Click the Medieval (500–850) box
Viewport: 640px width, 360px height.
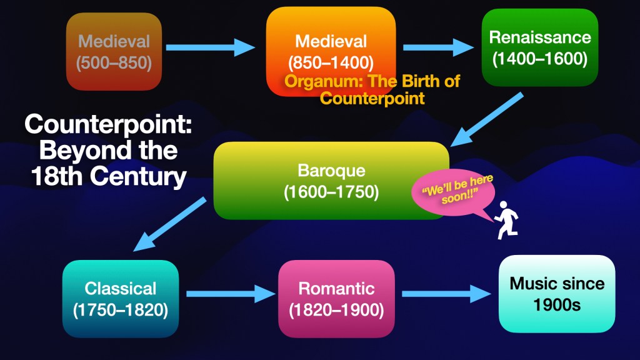click(114, 51)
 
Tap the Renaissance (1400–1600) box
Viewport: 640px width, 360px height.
click(540, 47)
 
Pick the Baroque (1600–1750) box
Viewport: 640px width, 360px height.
click(331, 181)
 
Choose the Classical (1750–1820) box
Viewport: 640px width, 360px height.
click(121, 299)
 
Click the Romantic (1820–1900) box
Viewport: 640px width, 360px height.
click(336, 299)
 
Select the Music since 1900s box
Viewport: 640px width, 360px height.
click(557, 294)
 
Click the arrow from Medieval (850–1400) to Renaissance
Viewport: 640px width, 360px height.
click(438, 46)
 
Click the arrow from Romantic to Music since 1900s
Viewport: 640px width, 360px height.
click(446, 292)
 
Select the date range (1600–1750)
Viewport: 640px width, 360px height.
click(331, 192)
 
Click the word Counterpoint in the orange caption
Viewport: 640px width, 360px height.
click(372, 98)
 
